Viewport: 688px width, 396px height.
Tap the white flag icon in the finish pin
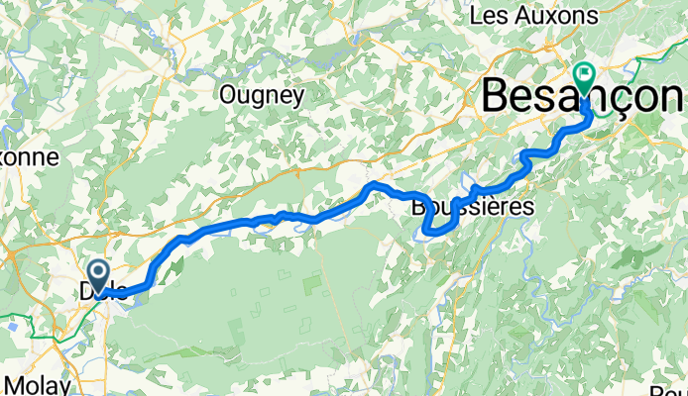point(584,72)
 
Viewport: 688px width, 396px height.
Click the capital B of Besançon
point(497,98)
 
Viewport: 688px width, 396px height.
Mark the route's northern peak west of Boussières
point(373,185)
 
